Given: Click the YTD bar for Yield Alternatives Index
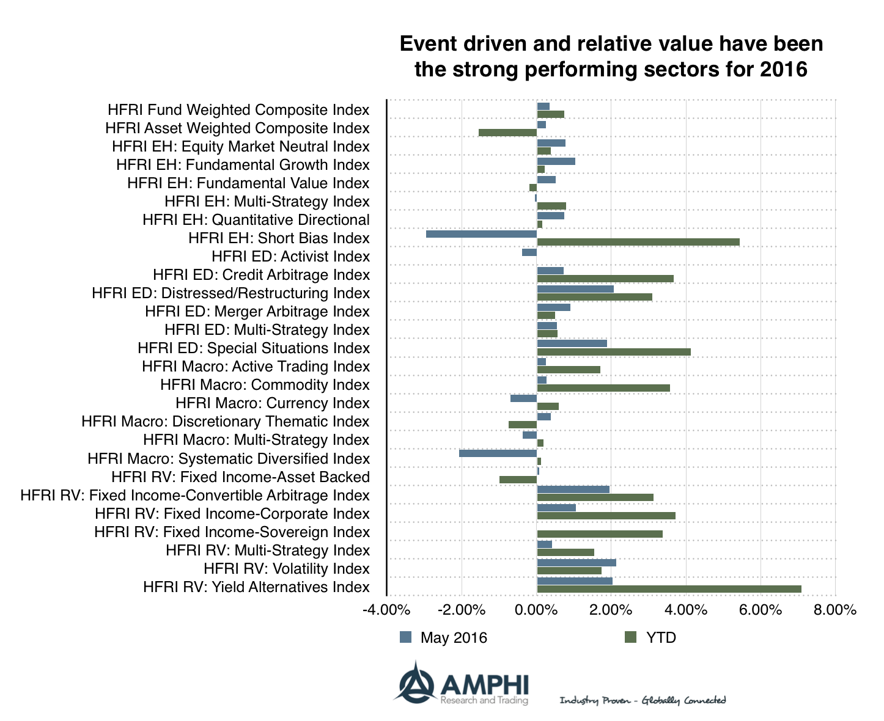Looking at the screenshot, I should click(x=669, y=589).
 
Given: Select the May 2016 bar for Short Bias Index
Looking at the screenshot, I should click(x=481, y=234).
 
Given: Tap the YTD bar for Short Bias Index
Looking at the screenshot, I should click(x=638, y=242).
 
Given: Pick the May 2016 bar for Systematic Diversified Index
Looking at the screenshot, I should click(x=498, y=453).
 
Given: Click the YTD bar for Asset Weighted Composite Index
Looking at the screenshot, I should click(x=507, y=133).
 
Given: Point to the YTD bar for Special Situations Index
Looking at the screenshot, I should click(x=614, y=352).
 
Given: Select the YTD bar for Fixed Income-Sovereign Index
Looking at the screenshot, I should click(x=600, y=534).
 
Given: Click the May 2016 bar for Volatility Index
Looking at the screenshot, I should click(x=576, y=563).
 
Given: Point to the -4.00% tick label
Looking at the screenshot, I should click(x=386, y=610).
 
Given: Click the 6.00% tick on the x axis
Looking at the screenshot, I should click(x=761, y=610).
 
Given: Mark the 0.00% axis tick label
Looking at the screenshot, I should click(x=537, y=610).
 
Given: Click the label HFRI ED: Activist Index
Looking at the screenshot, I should click(x=290, y=257).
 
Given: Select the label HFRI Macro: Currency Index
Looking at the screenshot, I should click(x=272, y=403).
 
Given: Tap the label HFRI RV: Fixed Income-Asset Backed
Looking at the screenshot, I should click(x=240, y=477).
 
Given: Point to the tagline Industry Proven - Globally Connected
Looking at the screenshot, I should click(x=643, y=700).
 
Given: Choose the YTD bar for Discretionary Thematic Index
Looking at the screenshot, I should click(x=523, y=425).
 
